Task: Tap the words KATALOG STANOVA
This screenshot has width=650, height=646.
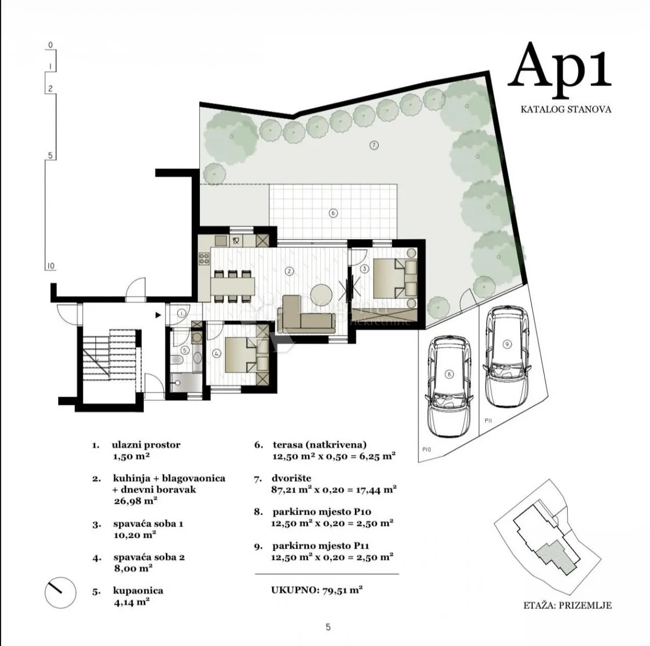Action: pyautogui.click(x=565, y=110)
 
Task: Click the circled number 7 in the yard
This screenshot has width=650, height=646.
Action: pyautogui.click(x=374, y=145)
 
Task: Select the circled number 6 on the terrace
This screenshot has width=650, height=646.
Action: pyautogui.click(x=333, y=213)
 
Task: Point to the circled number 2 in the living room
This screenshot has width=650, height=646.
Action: pyautogui.click(x=289, y=271)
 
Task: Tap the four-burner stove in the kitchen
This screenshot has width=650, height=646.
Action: pyautogui.click(x=204, y=258)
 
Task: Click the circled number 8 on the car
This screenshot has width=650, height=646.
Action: pyautogui.click(x=449, y=374)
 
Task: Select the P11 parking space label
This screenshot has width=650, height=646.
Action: pyautogui.click(x=488, y=420)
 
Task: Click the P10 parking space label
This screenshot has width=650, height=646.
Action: pyautogui.click(x=427, y=450)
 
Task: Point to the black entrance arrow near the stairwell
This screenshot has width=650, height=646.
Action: pyautogui.click(x=158, y=315)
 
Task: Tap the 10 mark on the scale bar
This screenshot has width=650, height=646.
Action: pyautogui.click(x=51, y=266)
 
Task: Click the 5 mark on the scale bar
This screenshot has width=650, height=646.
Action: pyautogui.click(x=51, y=156)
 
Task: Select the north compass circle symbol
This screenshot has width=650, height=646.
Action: pyautogui.click(x=60, y=593)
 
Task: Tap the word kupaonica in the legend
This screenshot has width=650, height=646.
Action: pyautogui.click(x=138, y=591)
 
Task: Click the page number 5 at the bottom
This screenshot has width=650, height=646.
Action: pyautogui.click(x=328, y=627)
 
